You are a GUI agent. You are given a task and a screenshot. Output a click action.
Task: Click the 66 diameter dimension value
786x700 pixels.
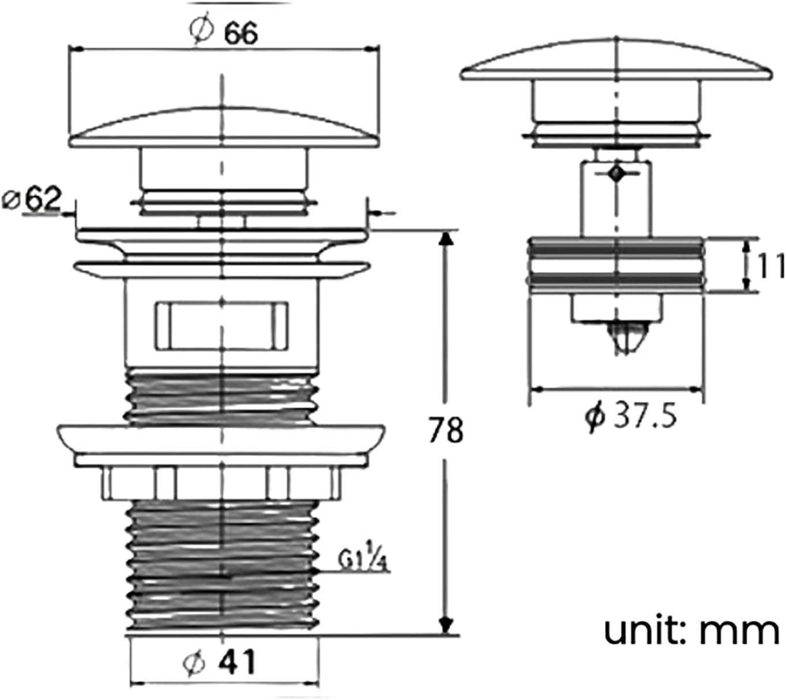[x=240, y=34]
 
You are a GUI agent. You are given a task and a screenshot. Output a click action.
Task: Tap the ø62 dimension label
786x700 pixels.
[x=32, y=199]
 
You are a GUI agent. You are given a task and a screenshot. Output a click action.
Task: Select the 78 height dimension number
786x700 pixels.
[x=446, y=430]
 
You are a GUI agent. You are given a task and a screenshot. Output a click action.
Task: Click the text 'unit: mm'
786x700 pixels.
[x=692, y=631]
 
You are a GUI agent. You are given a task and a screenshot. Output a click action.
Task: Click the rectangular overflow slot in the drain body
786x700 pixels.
[x=221, y=326]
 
